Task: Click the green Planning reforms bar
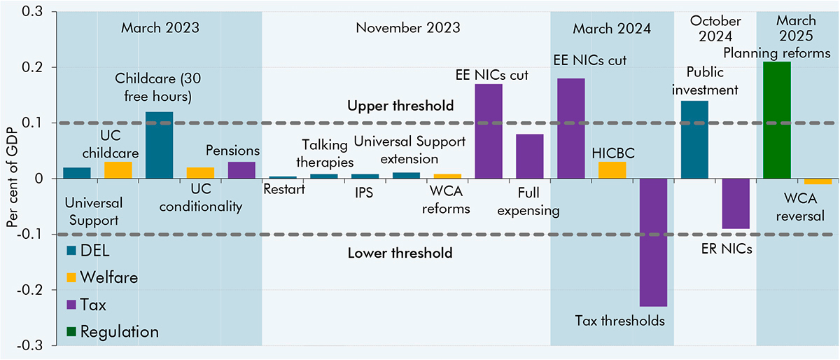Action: tap(776, 120)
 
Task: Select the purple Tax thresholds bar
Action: tap(654, 242)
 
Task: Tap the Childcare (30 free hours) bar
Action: tap(159, 145)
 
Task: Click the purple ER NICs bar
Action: tap(736, 203)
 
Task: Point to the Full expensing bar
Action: tap(530, 156)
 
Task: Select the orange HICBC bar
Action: tap(612, 170)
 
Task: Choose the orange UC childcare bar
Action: tap(118, 170)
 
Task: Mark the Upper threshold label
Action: tap(400, 106)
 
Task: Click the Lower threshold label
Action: tap(400, 253)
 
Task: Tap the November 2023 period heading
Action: tap(407, 29)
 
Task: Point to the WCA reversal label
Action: tap(797, 209)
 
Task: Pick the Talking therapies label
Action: tap(325, 152)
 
